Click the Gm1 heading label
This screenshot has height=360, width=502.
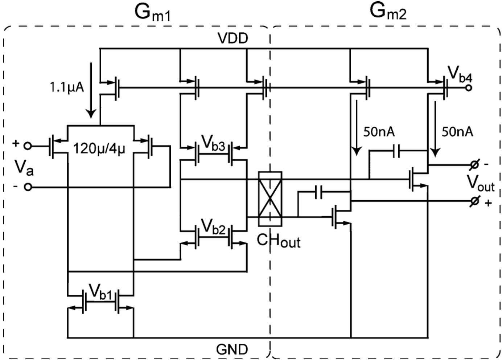pyautogui.click(x=152, y=13)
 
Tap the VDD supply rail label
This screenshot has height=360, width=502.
pyautogui.click(x=233, y=38)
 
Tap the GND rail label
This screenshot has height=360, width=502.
pyautogui.click(x=232, y=349)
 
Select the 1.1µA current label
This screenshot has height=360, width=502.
pyautogui.click(x=67, y=87)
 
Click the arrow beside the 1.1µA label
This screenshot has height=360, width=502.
pyautogui.click(x=91, y=91)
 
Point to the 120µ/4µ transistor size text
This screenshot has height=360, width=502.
pyautogui.click(x=99, y=148)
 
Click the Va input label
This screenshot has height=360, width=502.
pyautogui.click(x=24, y=167)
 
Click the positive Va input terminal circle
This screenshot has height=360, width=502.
pyautogui.click(x=28, y=146)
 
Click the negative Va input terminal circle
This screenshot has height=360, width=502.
pyautogui.click(x=28, y=187)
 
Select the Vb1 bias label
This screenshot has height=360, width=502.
pyautogui.click(x=100, y=291)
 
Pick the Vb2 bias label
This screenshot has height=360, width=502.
pyautogui.click(x=214, y=227)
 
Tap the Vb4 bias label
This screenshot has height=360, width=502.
pyautogui.click(x=460, y=74)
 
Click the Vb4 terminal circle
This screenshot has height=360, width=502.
pyautogui.click(x=469, y=88)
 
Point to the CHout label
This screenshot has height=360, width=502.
pyautogui.click(x=279, y=240)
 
